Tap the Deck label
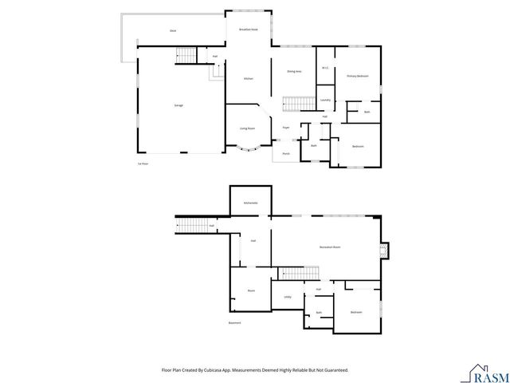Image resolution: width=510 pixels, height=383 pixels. point(173,30)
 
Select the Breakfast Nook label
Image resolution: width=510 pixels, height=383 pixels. point(249,30)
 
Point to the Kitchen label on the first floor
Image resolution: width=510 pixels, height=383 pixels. point(248,78)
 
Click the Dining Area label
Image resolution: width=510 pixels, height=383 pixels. point(294,71)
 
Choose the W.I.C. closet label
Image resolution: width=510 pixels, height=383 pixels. point(325,68)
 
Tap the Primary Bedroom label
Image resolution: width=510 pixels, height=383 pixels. point(357,76)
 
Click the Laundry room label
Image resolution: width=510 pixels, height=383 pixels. point(325,100)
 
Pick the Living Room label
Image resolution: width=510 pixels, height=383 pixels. point(248,128)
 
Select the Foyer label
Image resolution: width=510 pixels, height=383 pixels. point(285,127)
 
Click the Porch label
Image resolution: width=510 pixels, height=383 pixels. point(285,154)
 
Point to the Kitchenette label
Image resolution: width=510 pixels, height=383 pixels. point(251,203)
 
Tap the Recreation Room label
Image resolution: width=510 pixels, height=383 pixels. point(330,247)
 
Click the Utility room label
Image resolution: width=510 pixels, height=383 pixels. point(288,297)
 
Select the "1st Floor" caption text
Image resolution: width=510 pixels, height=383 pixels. point(143,164)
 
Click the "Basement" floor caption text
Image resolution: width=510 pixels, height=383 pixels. point(234,323)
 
